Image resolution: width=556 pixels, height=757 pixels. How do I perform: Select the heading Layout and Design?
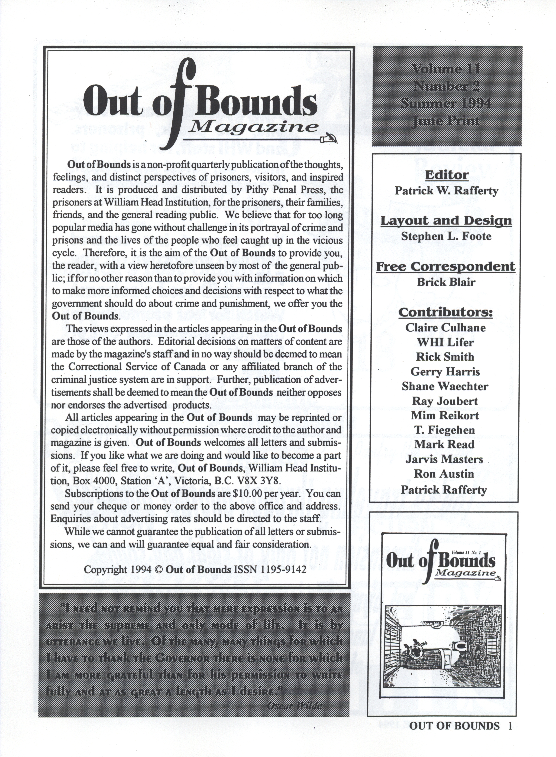coord(446,221)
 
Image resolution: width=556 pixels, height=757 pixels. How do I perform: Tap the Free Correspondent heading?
coord(446,267)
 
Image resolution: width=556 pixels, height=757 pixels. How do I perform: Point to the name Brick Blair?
coord(446,282)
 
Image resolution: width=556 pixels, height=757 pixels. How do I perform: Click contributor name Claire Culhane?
coord(445,328)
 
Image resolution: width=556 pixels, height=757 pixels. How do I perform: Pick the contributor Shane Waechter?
coord(445,386)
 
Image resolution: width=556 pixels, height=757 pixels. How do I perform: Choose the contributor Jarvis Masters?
coord(444,459)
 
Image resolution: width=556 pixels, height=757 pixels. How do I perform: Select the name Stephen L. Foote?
coord(446,236)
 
